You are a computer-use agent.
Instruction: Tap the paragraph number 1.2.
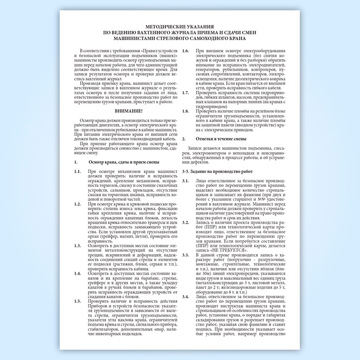point(77,204)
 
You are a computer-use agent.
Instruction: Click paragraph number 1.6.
point(186,51)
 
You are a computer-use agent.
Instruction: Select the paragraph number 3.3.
point(186,254)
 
